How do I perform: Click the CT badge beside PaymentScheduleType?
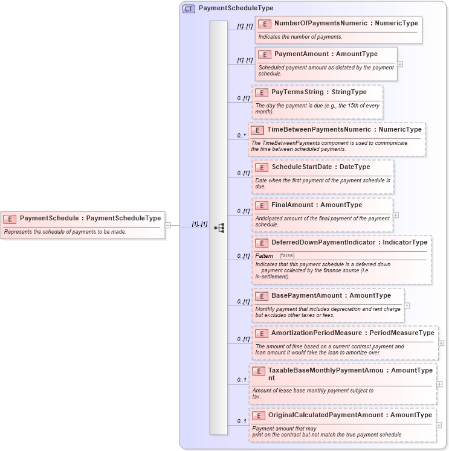pos(189,8)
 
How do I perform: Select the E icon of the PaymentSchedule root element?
pos(10,218)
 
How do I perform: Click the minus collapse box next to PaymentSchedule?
pos(168,225)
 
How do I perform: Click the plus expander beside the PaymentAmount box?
pos(400,63)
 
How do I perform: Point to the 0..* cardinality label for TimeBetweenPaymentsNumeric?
pos(242,136)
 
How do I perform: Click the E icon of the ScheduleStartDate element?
pos(262,167)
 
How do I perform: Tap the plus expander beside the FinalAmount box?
pos(396,214)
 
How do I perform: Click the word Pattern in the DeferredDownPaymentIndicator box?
pos(264,256)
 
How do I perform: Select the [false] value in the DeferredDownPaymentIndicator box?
pos(286,256)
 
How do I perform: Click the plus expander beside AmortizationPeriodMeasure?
pos(441,343)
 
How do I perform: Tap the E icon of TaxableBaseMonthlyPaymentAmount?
pos(258,371)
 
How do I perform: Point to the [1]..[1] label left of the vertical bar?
pos(199,224)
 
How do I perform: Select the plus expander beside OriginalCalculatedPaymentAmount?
pos(439,425)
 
